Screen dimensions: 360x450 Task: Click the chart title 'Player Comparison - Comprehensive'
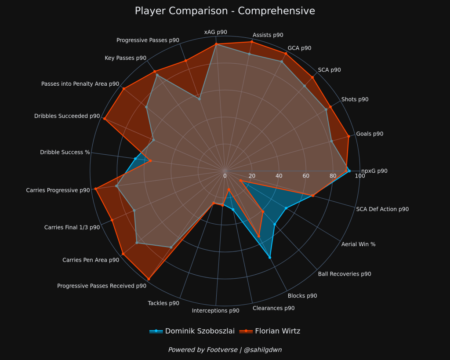point(225,11)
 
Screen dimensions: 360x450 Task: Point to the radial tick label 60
point(306,176)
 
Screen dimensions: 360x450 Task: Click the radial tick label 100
point(360,176)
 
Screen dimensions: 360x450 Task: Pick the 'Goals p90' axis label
point(370,134)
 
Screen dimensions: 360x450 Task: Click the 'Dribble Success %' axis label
point(65,153)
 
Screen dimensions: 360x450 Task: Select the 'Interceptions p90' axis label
point(215,311)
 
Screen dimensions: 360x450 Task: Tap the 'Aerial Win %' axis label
point(358,244)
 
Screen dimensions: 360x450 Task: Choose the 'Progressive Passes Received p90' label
point(102,286)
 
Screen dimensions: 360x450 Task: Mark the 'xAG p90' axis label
point(215,32)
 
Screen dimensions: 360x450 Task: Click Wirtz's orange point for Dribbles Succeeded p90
point(105,119)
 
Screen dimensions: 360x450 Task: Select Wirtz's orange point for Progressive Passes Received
point(149,279)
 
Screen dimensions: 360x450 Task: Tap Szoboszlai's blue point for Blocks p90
point(270,257)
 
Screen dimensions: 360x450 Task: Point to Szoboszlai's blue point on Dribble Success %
point(135,158)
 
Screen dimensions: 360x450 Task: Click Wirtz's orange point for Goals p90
point(348,136)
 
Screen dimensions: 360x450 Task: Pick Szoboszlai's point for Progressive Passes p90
point(199,99)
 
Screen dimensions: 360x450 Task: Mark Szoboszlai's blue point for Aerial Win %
point(286,208)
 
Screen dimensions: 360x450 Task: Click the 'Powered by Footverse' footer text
point(225,350)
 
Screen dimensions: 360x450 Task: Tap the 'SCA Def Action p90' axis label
point(382,209)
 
